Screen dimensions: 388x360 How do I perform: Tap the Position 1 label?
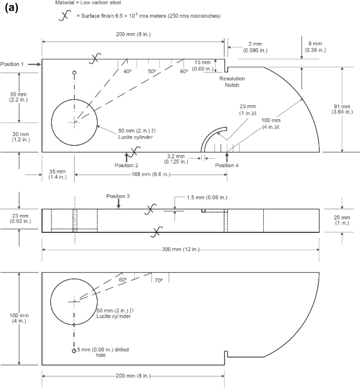click(13, 64)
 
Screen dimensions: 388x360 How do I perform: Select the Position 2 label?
click(126, 165)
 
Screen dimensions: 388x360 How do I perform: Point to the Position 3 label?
click(118, 196)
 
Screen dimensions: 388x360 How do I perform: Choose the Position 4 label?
click(227, 165)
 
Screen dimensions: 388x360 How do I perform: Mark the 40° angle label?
click(127, 72)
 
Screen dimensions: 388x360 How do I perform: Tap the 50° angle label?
click(152, 72)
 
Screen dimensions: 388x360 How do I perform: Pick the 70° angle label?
click(158, 280)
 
